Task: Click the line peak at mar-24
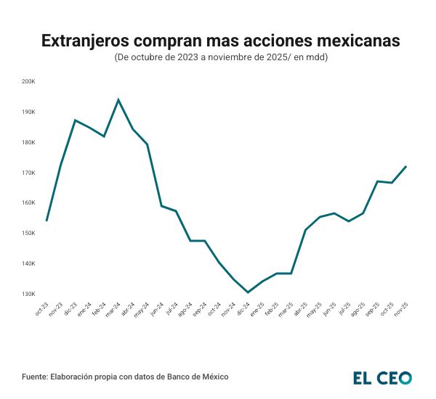click(x=118, y=100)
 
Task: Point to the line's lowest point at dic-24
click(x=248, y=292)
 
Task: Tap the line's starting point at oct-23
click(x=47, y=221)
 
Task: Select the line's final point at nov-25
click(x=405, y=166)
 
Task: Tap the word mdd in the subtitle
click(x=316, y=57)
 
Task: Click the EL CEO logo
click(x=382, y=377)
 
